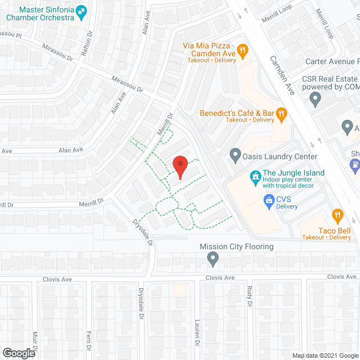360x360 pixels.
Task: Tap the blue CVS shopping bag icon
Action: coord(269,200)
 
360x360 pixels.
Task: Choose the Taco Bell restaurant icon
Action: coord(337,215)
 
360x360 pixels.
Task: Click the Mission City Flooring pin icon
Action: coord(213,259)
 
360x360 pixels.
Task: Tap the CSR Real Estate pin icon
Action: coord(316,100)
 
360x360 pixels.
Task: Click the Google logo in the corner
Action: coord(19,353)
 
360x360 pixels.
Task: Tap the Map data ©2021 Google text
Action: coord(325,355)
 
